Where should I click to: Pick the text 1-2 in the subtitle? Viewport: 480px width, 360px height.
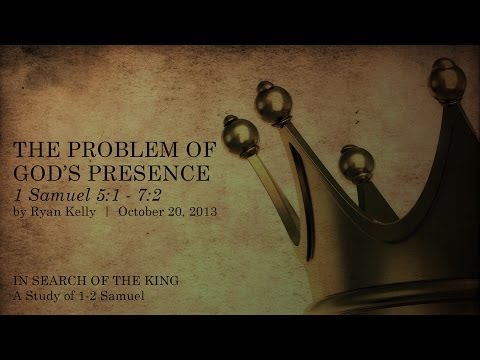pos(96,297)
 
